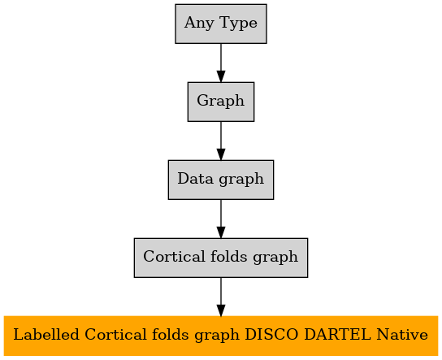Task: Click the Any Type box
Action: click(x=221, y=24)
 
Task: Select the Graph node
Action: click(x=221, y=102)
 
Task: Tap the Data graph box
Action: click(x=221, y=180)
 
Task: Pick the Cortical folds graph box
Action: click(x=221, y=258)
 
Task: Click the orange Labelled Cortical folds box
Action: click(x=221, y=336)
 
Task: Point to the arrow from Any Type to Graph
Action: click(x=221, y=63)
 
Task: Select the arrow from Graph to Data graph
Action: click(x=221, y=141)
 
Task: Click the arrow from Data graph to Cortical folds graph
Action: click(x=221, y=219)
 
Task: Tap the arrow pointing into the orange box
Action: click(x=221, y=297)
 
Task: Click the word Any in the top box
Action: click(x=199, y=24)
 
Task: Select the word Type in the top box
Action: click(x=238, y=24)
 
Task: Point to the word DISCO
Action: click(x=271, y=335)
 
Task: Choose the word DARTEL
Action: click(x=338, y=335)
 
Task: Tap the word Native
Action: click(x=402, y=335)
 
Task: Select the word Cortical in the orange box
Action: click(x=115, y=335)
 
